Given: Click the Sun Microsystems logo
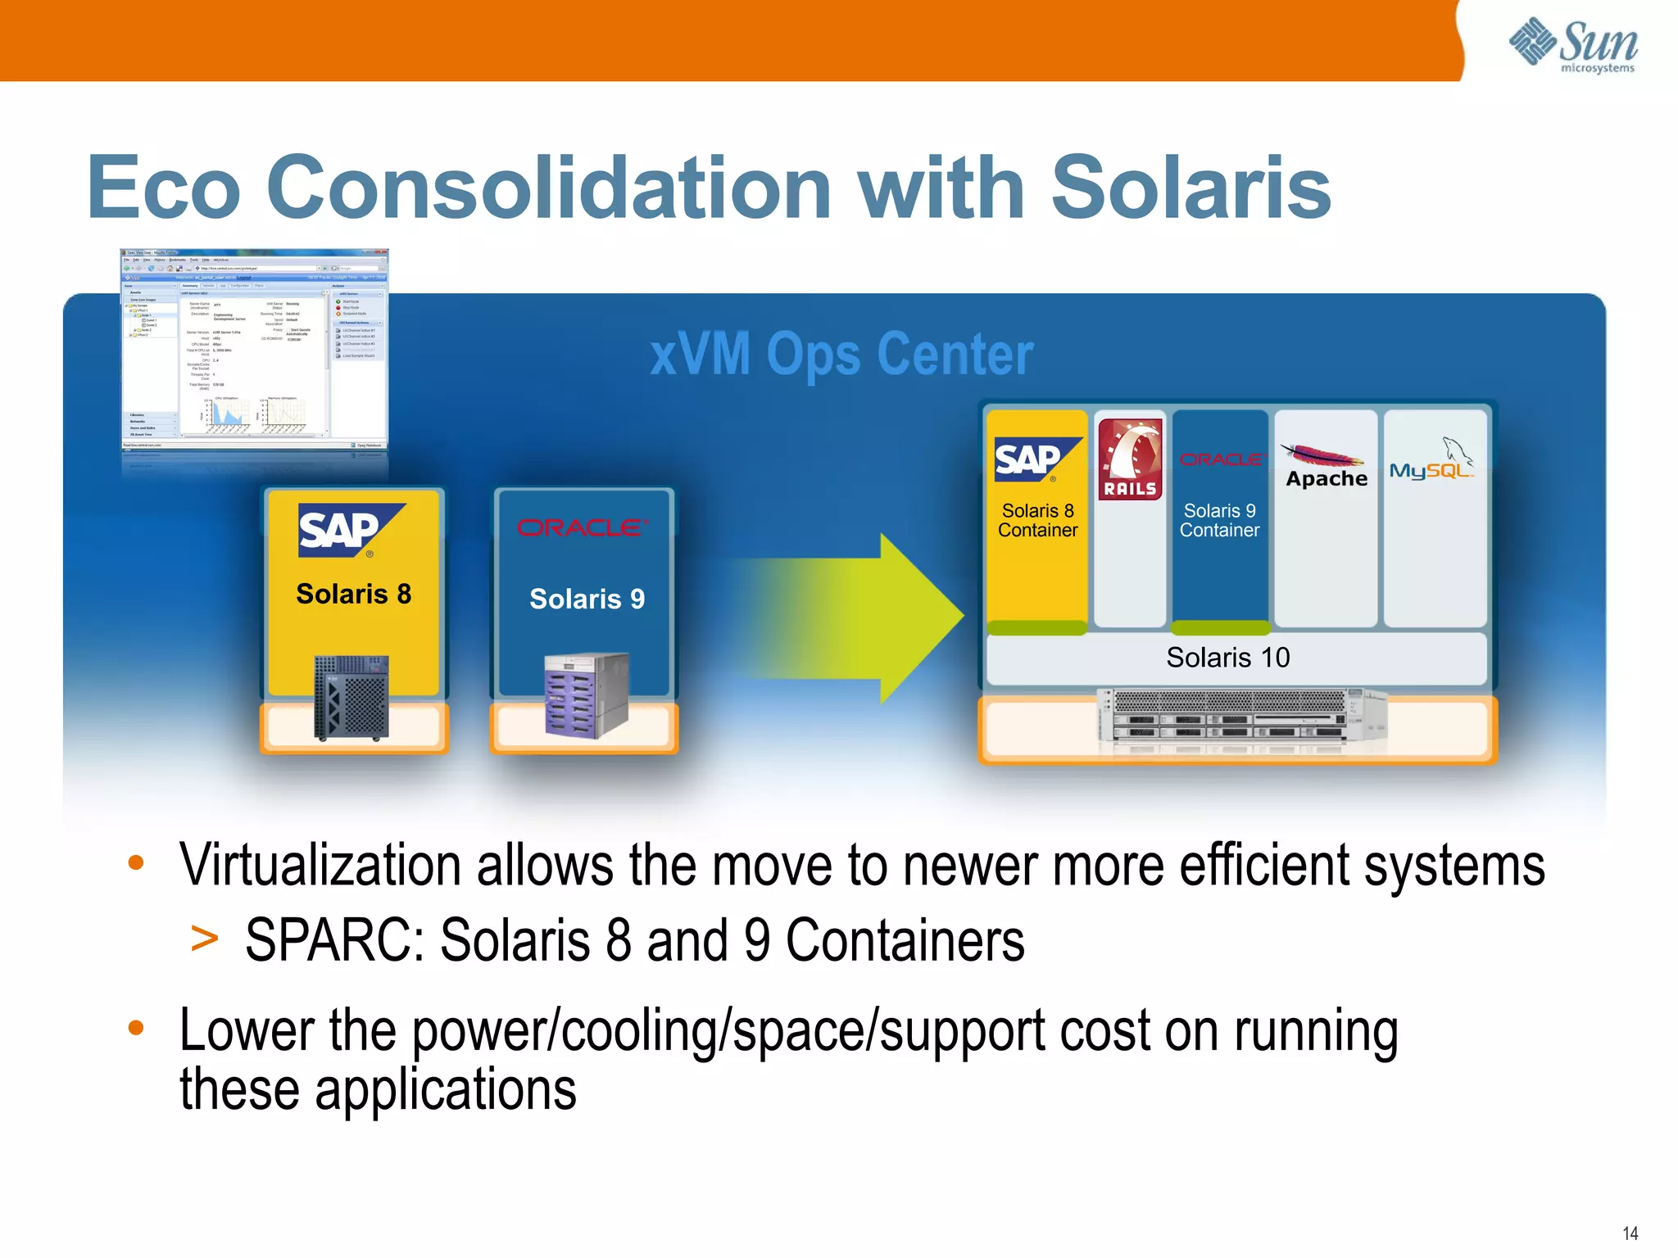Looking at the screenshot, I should (1573, 46).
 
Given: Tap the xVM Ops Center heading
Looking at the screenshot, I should (841, 355).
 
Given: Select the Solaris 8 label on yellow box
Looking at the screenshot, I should (353, 594).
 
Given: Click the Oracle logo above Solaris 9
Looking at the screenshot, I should (583, 527).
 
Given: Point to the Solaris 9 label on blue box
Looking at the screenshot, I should (587, 599).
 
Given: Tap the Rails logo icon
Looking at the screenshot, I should (1130, 459).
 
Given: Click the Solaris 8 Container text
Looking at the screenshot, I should (1037, 520).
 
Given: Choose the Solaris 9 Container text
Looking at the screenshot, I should (1219, 520).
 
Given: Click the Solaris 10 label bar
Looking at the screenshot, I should (1227, 658).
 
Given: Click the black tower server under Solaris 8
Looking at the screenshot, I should (351, 698).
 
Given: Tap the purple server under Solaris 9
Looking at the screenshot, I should (586, 695).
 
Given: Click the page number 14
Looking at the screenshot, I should (1630, 1233).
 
